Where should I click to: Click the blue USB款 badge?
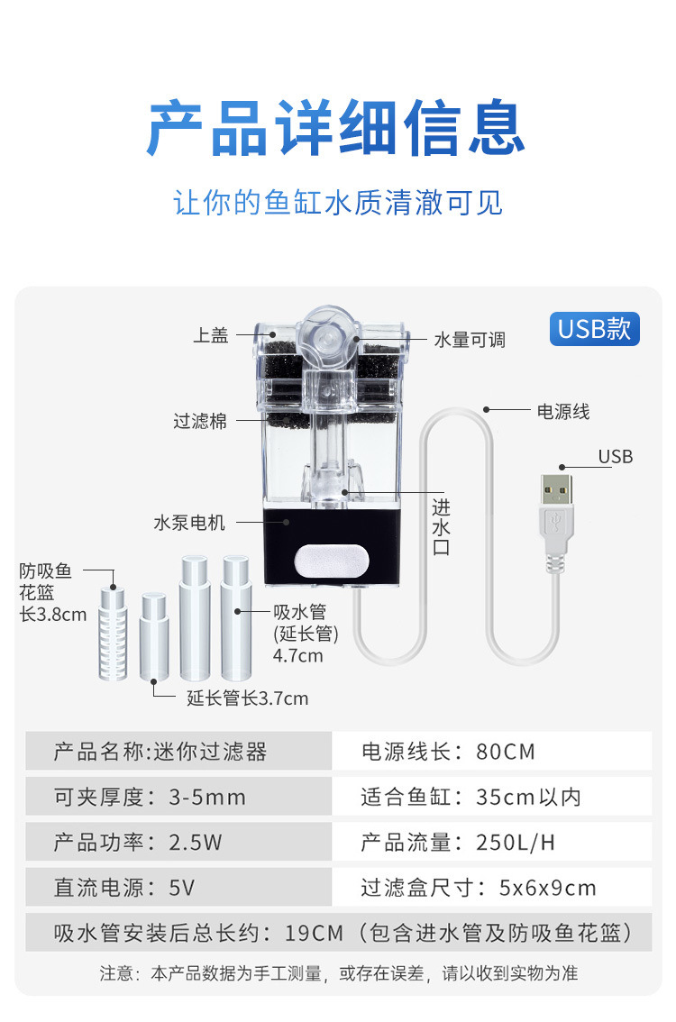tap(594, 328)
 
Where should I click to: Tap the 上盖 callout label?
tap(211, 336)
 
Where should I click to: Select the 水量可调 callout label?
tap(470, 340)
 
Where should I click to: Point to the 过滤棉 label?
tap(200, 421)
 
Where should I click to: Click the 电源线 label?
tap(563, 412)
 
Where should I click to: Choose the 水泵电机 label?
tap(189, 522)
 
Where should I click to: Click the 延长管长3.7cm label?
tap(247, 698)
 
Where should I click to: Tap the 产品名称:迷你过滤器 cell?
tap(178, 751)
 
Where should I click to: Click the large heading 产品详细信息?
tap(337, 129)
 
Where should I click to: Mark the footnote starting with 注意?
tap(338, 973)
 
